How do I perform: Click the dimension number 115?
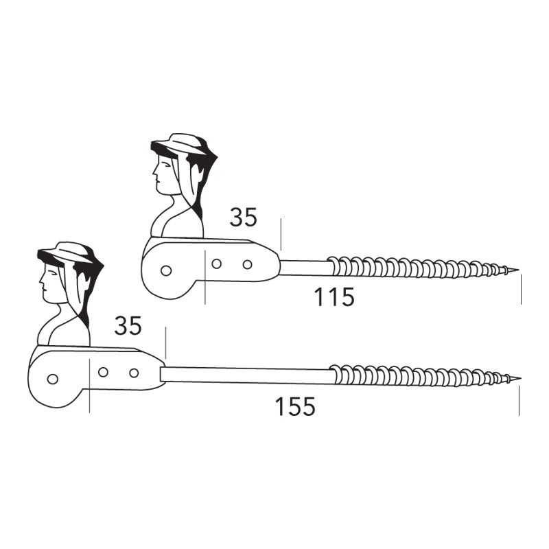pyautogui.click(x=334, y=297)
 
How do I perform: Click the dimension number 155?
pyautogui.click(x=295, y=406)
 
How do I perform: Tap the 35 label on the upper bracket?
pyautogui.click(x=244, y=217)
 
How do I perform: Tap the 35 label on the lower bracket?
pyautogui.click(x=128, y=325)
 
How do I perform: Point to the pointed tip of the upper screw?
pyautogui.click(x=517, y=270)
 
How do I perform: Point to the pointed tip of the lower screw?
pyautogui.click(x=520, y=378)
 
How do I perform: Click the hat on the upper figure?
pyautogui.click(x=180, y=144)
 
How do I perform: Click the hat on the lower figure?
pyautogui.click(x=67, y=253)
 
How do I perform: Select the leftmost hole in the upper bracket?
pyautogui.click(x=166, y=270)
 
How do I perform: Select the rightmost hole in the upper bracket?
pyautogui.click(x=247, y=264)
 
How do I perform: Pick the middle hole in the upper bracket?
pyautogui.click(x=216, y=264)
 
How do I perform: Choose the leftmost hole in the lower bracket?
pyautogui.click(x=53, y=379)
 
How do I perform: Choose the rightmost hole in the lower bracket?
pyautogui.click(x=134, y=373)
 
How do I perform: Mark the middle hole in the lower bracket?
pyautogui.click(x=103, y=372)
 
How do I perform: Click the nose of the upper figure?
pyautogui.click(x=154, y=172)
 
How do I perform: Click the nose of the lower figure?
pyautogui.click(x=41, y=281)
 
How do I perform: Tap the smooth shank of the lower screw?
pyautogui.click(x=245, y=375)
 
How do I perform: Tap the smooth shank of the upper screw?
pyautogui.click(x=305, y=268)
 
